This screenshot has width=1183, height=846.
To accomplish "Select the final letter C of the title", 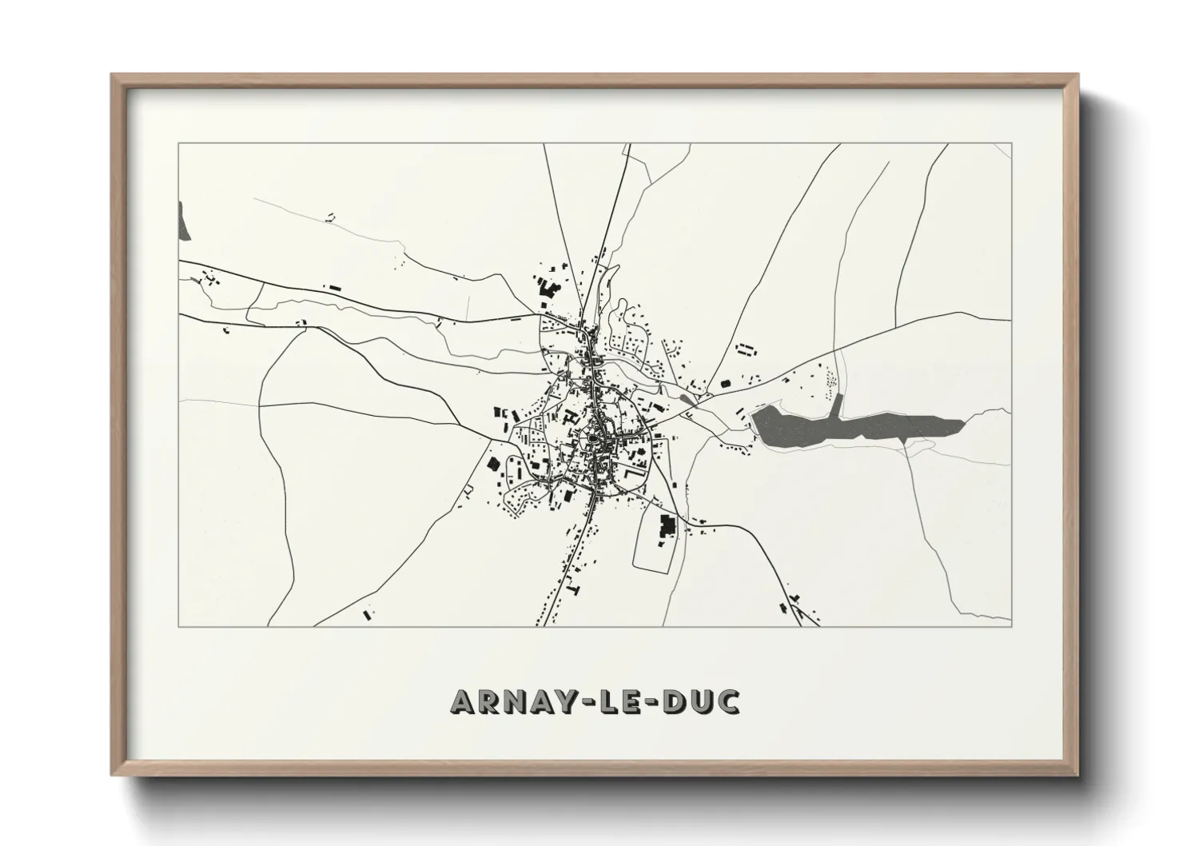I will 727,701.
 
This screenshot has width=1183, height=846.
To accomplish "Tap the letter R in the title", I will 490,701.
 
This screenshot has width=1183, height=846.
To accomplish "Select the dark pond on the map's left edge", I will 185,221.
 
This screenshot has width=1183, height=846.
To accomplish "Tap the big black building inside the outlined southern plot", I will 666,526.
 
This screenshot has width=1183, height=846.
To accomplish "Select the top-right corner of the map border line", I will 1012,143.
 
